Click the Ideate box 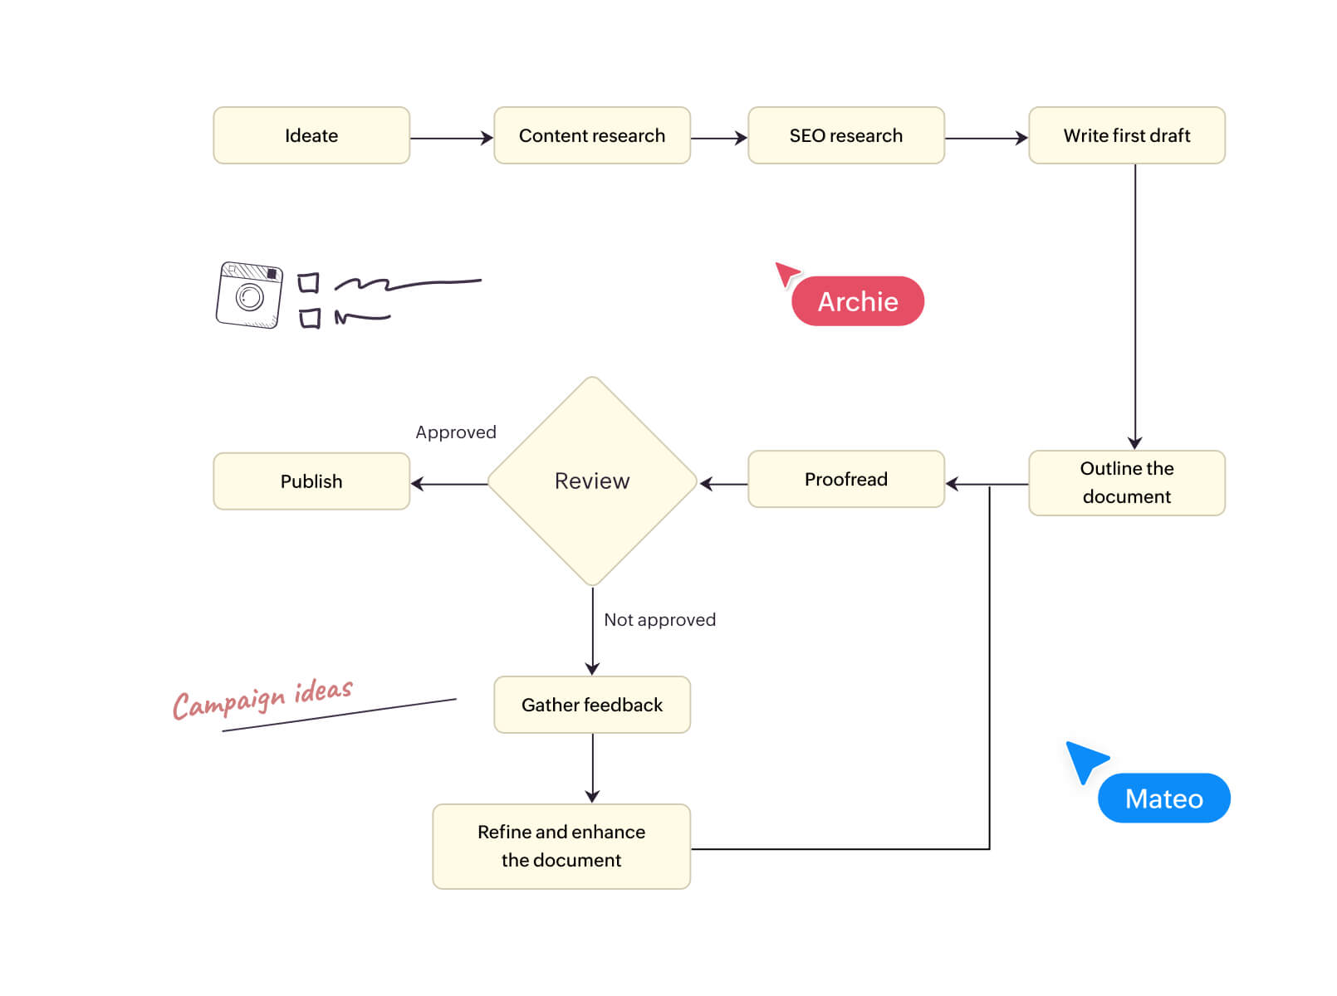(x=311, y=135)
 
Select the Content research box (x=592, y=135)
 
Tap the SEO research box (x=845, y=135)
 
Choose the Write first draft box (x=1126, y=135)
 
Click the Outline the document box (x=1126, y=482)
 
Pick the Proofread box (x=845, y=479)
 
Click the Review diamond (x=592, y=481)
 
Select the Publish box (x=311, y=481)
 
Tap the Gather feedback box (x=592, y=705)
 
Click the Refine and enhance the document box (x=561, y=846)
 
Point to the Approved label (x=456, y=432)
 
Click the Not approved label (x=659, y=620)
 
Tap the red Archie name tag (x=858, y=301)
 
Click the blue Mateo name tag (x=1163, y=798)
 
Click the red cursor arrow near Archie (x=786, y=273)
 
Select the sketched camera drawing (x=249, y=295)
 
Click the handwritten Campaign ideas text (x=262, y=700)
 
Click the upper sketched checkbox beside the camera (x=308, y=284)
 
